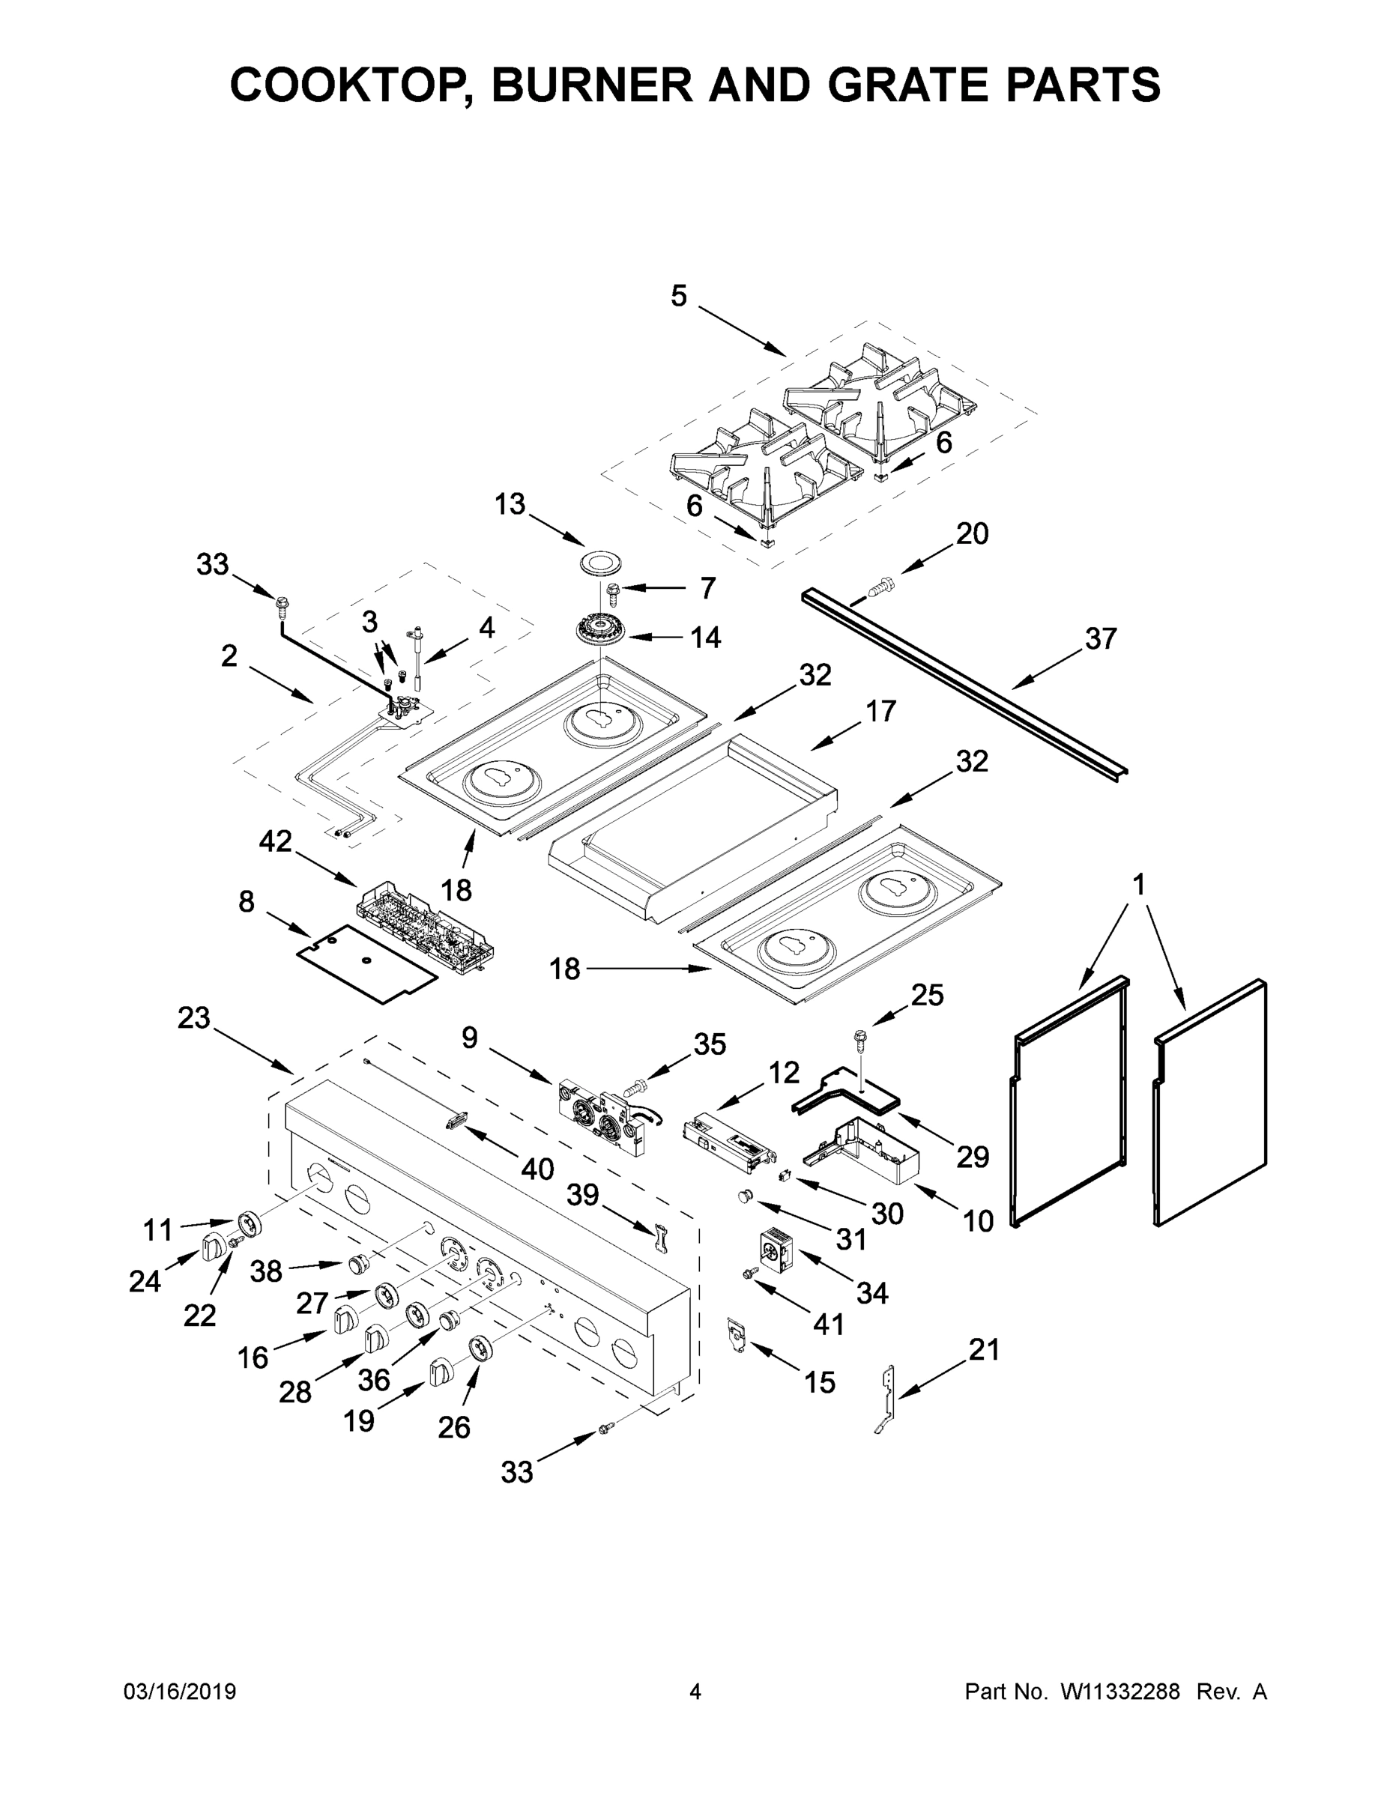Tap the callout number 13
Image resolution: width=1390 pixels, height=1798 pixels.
pyautogui.click(x=510, y=504)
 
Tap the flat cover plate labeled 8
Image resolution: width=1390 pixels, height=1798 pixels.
pyautogui.click(x=366, y=963)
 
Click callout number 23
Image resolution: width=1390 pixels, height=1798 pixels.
pyautogui.click(x=194, y=1018)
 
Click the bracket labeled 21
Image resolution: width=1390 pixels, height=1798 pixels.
pyautogui.click(x=887, y=1399)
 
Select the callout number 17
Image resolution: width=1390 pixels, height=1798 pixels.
pyautogui.click(x=880, y=710)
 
